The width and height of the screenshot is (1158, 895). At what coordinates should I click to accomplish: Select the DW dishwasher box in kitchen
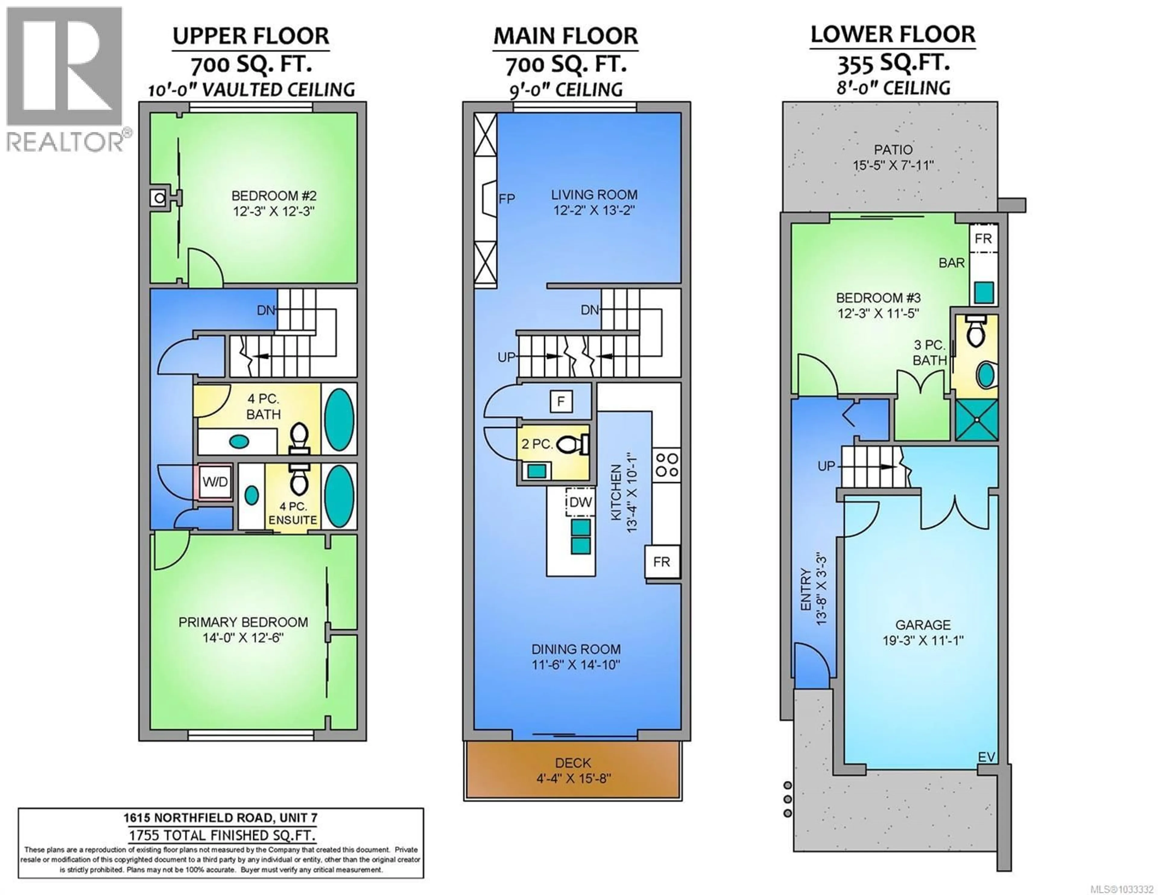click(580, 502)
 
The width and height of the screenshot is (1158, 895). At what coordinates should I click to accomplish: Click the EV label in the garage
click(986, 757)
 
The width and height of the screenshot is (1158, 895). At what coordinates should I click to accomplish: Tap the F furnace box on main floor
click(561, 401)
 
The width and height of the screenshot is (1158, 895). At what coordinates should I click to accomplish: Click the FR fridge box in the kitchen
click(661, 562)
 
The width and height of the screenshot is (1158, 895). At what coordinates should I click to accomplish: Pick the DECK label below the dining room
click(573, 763)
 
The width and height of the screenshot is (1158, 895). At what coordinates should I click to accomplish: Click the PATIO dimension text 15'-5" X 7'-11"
click(893, 165)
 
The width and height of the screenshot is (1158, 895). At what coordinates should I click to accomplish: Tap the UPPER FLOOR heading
click(251, 36)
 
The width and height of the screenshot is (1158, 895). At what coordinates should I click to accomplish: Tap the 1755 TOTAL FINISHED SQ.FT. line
click(222, 836)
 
